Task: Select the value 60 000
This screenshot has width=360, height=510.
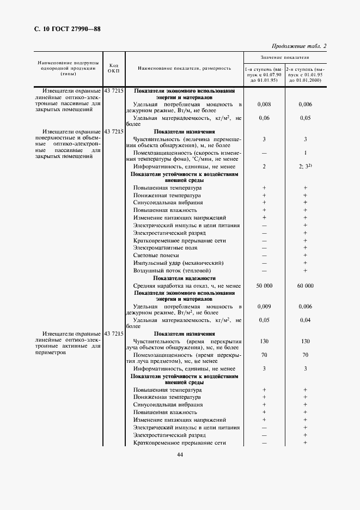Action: [x=305, y=286]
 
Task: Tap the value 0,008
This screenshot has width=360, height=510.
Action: [x=264, y=104]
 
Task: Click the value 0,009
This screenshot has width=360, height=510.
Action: [x=264, y=306]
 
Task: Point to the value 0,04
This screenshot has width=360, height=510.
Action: [x=305, y=320]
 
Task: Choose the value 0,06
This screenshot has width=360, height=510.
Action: [x=264, y=117]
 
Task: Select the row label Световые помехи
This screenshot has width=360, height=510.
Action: [x=155, y=255]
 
